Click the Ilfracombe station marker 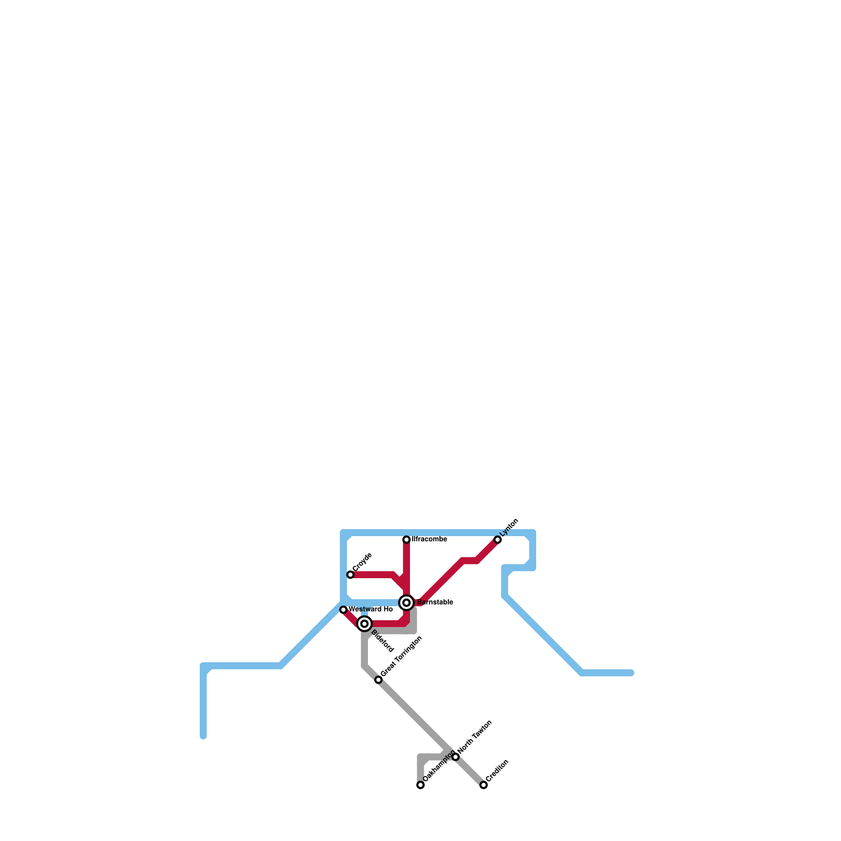406,540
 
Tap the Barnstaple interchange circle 406,602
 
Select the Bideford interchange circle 364,624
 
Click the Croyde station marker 351,575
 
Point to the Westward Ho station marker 344,610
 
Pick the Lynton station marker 498,540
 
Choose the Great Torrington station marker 378,680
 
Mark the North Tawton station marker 456,757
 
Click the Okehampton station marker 420,785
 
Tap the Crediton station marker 484,785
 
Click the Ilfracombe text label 429,539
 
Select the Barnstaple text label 435,602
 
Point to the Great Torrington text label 402,657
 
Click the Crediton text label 497,771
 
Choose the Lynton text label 509,528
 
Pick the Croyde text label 363,562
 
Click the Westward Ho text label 371,610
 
